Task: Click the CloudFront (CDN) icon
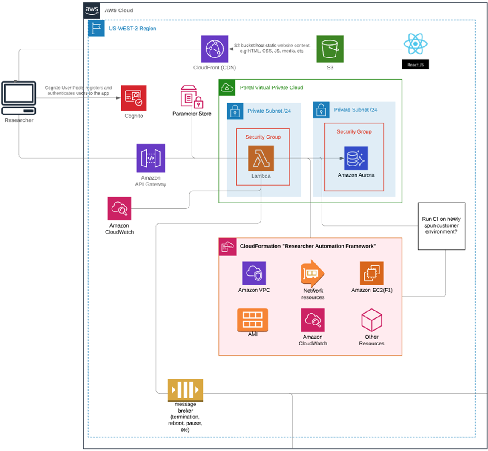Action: pos(215,49)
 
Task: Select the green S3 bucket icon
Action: pos(330,49)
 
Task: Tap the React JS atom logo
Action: pos(415,44)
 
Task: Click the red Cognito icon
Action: pos(134,98)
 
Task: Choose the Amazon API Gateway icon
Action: pos(151,158)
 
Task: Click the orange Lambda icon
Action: pos(261,158)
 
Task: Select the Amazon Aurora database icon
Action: pos(356,158)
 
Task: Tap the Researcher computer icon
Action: pos(19,98)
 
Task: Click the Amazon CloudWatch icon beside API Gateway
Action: pos(119,208)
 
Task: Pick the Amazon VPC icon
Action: pos(254,273)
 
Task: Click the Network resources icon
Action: pos(313,274)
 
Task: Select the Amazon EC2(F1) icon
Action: pos(372,273)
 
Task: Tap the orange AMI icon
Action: pos(253,320)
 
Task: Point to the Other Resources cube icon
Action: pos(372,320)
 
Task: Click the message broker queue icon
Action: pos(185,390)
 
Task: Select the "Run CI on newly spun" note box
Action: pos(441,226)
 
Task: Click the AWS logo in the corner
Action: pos(92,10)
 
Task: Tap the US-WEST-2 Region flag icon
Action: pos(96,28)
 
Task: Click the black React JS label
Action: pos(415,64)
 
